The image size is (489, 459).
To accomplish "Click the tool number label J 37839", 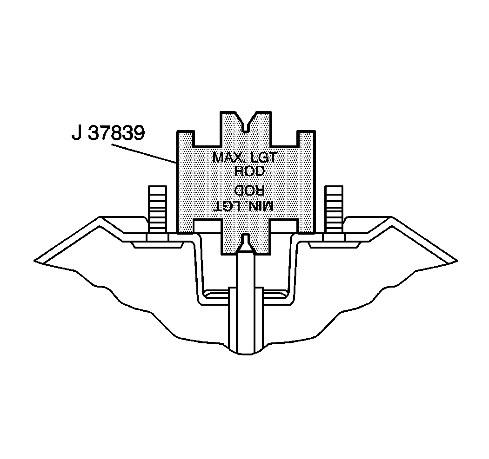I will click(108, 133).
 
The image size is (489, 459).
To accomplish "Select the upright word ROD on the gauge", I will click(249, 171).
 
